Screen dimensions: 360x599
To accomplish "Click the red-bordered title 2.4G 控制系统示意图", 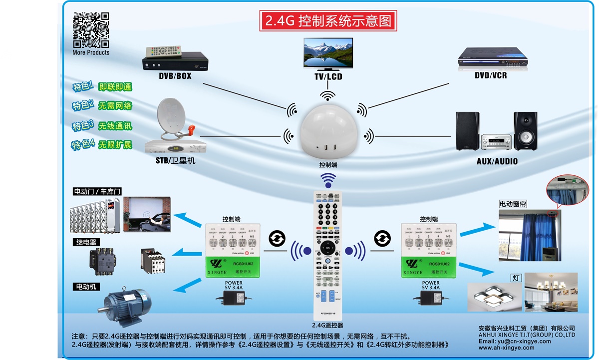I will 328,21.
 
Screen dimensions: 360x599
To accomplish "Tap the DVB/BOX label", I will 175,76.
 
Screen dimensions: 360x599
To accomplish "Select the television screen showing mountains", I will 328,52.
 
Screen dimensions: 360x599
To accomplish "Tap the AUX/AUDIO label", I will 497,161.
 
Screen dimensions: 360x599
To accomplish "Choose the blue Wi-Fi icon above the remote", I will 328,179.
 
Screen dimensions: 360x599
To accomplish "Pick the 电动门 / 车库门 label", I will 97,191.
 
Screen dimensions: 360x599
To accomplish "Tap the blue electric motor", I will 127,304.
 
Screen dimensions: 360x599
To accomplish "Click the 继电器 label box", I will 86,242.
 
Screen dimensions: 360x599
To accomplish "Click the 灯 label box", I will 515,277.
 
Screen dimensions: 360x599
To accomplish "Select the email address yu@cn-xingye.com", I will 514,341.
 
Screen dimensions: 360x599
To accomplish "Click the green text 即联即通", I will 115,87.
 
